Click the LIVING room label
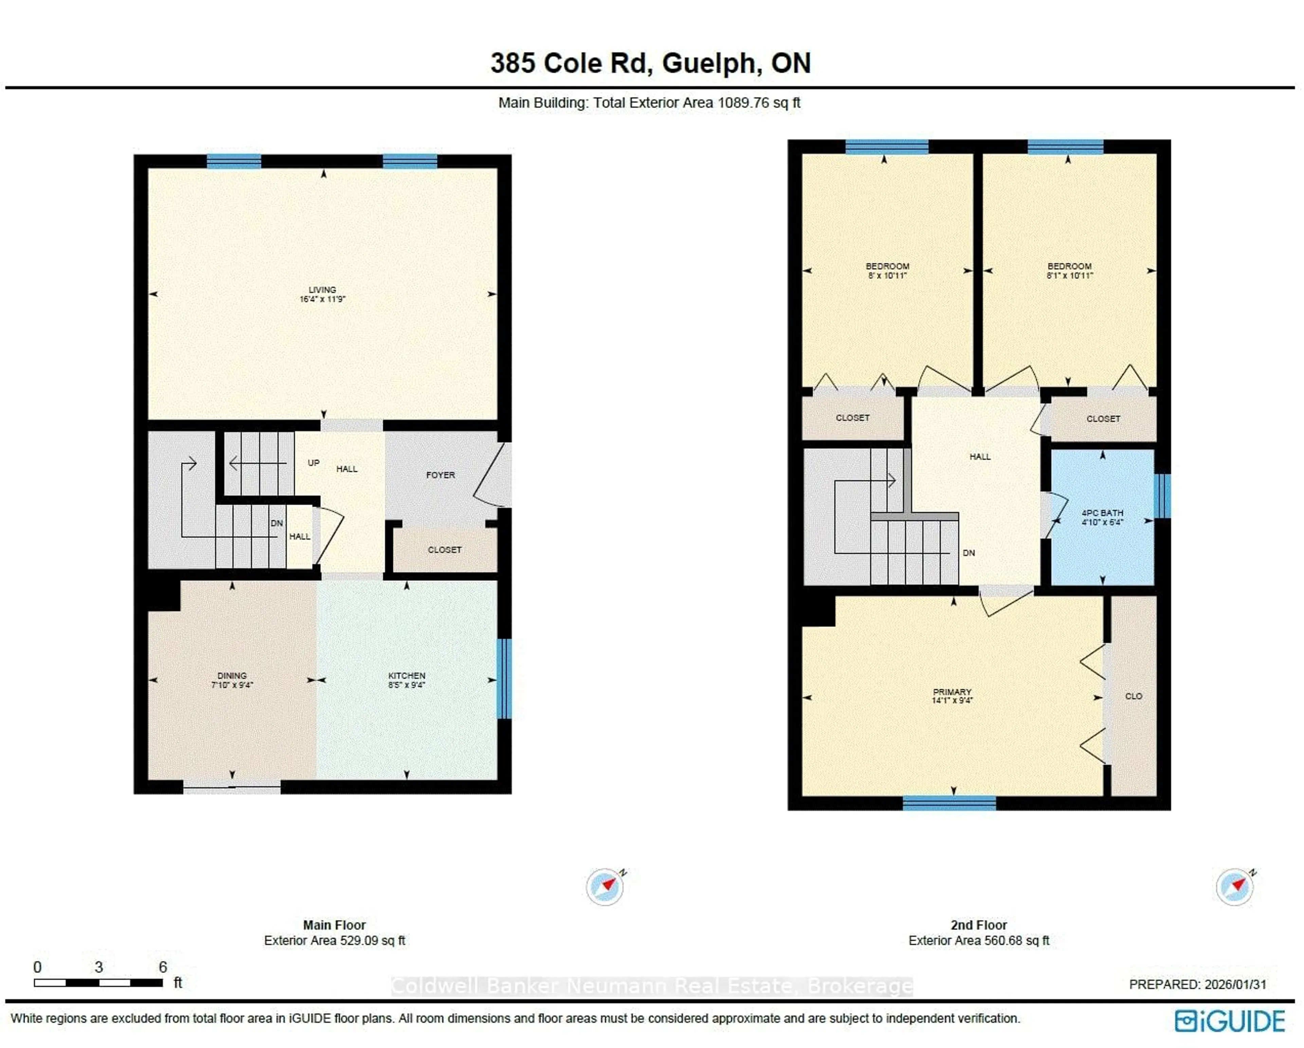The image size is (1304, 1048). (322, 290)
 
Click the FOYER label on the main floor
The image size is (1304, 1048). (440, 475)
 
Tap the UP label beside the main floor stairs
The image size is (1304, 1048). (313, 463)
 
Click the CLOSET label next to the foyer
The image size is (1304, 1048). (445, 550)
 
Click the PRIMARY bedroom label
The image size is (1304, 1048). (952, 692)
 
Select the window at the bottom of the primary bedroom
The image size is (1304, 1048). (949, 803)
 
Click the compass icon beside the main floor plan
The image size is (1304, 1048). (605, 887)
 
